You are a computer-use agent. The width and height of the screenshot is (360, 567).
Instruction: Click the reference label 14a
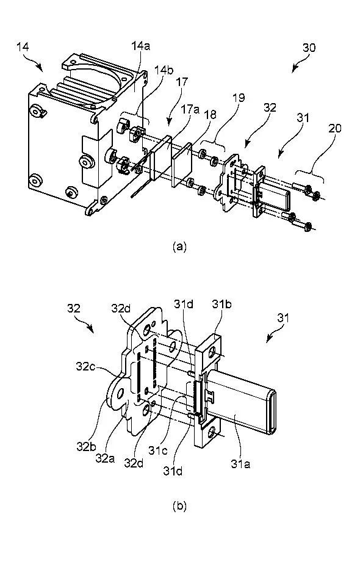[140, 46]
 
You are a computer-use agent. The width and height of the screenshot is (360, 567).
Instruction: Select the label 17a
[190, 109]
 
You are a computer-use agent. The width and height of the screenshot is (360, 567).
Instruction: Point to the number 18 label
[210, 114]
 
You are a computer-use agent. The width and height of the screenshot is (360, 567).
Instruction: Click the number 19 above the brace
[239, 98]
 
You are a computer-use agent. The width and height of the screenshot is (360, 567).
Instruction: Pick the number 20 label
[335, 128]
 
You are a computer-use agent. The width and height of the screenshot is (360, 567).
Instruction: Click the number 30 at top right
[309, 48]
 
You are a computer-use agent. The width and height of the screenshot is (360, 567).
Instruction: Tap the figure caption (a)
[179, 247]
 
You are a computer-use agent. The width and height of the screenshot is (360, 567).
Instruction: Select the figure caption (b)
[179, 506]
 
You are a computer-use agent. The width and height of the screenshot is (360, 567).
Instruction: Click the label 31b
[222, 305]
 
